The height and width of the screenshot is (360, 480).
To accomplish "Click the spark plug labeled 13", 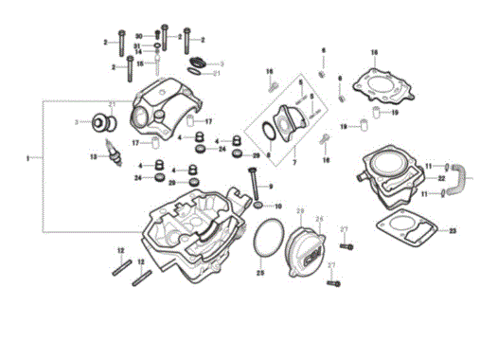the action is click(x=116, y=153).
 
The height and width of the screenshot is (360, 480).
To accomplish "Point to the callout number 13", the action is click(x=93, y=156).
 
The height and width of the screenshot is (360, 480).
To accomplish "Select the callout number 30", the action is click(x=137, y=34).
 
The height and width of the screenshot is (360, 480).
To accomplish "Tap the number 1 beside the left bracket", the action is click(x=28, y=155).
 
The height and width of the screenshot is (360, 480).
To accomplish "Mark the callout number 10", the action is click(x=278, y=206).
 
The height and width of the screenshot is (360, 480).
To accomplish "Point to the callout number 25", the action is click(x=260, y=273).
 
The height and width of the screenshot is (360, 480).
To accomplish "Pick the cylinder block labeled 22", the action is click(x=388, y=177).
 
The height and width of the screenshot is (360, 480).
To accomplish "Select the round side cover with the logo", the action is click(x=310, y=244).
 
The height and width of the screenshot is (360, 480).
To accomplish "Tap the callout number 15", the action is click(x=139, y=64).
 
